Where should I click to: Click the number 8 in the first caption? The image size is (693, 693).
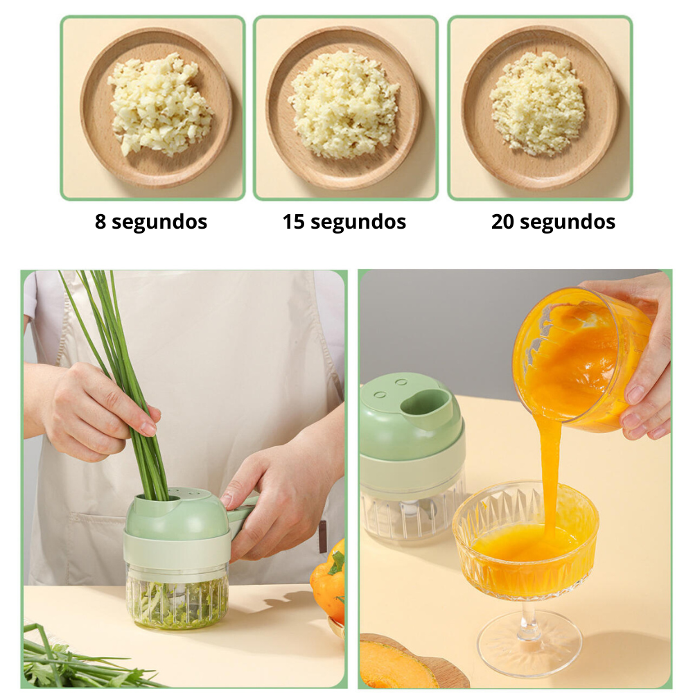100,221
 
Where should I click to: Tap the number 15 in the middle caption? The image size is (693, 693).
293,222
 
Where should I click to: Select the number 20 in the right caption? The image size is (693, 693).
502,222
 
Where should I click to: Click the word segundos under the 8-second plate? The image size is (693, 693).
159,222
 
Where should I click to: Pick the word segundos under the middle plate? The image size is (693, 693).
358,222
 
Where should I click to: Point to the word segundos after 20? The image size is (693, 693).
567,222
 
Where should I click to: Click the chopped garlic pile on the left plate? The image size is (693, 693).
159,105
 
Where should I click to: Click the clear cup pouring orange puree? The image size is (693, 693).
584,358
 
